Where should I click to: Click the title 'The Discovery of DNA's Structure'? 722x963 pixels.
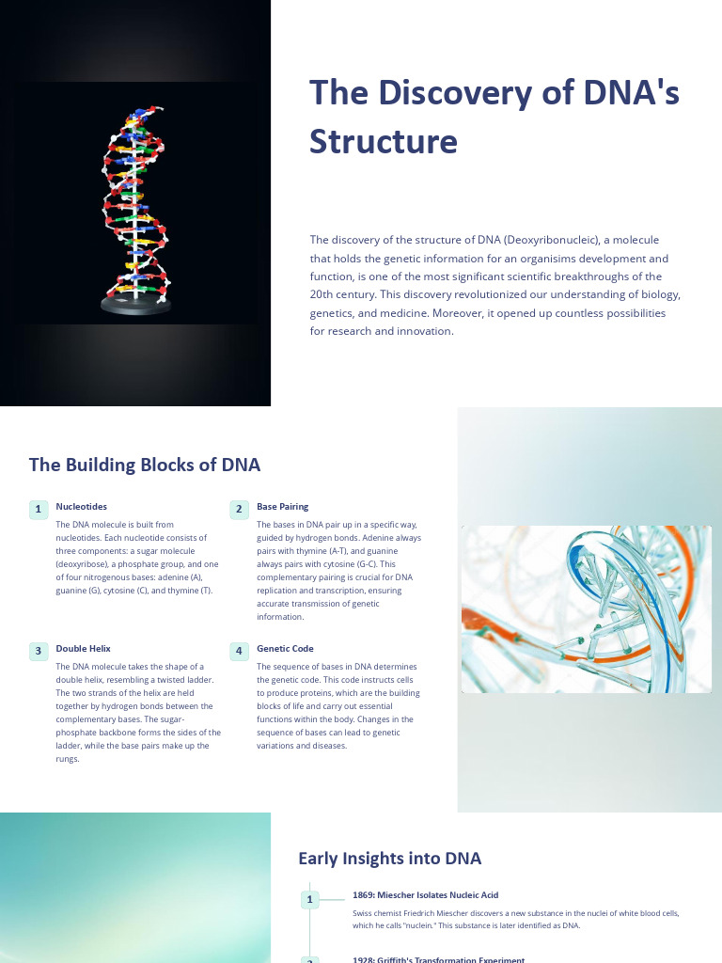[494, 117]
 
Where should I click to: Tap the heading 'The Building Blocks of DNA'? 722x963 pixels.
[145, 465]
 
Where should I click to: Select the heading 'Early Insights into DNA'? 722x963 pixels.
[389, 858]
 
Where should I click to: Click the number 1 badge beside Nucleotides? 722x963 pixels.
[39, 510]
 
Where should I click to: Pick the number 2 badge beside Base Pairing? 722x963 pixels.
[239, 510]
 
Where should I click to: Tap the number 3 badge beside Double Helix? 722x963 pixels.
[39, 651]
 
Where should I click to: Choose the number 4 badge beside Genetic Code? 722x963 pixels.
[239, 651]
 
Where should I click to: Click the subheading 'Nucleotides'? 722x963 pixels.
[81, 506]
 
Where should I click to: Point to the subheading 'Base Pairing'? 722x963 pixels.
[282, 506]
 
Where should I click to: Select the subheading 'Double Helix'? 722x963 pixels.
[83, 648]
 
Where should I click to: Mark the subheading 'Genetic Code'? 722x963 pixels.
[285, 648]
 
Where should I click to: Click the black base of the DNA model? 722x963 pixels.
[136, 305]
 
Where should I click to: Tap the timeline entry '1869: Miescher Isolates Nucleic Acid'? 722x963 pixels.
[425, 894]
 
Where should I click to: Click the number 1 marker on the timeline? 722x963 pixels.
[309, 900]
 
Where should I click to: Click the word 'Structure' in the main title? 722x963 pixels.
[384, 141]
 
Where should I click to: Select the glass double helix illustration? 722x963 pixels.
[586, 608]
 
